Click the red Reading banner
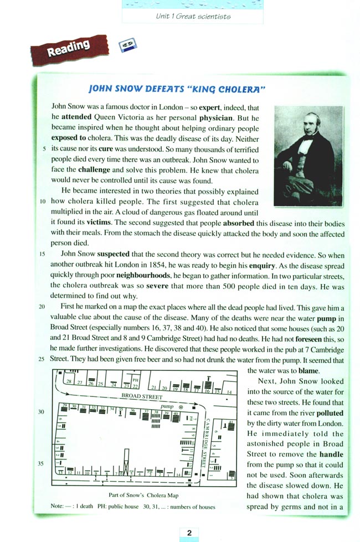coord(70,50)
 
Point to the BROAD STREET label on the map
coord(142,396)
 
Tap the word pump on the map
coord(167,406)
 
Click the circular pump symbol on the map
coord(181,407)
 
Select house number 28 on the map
coord(69,382)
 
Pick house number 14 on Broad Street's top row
coord(230,392)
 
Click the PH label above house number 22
coord(136,380)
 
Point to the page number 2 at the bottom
coord(189,533)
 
